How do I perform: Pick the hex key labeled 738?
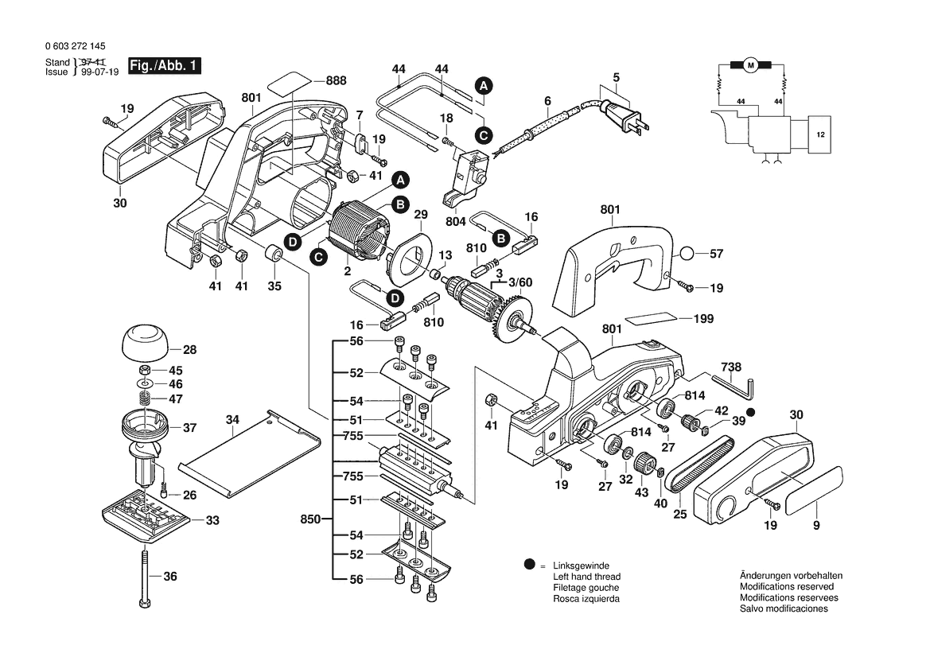[x=735, y=387]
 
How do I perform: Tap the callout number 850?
[x=310, y=519]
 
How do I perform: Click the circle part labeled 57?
[x=688, y=255]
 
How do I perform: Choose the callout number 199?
[x=703, y=319]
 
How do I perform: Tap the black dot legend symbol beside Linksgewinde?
[x=529, y=566]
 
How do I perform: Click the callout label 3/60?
[x=521, y=282]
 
